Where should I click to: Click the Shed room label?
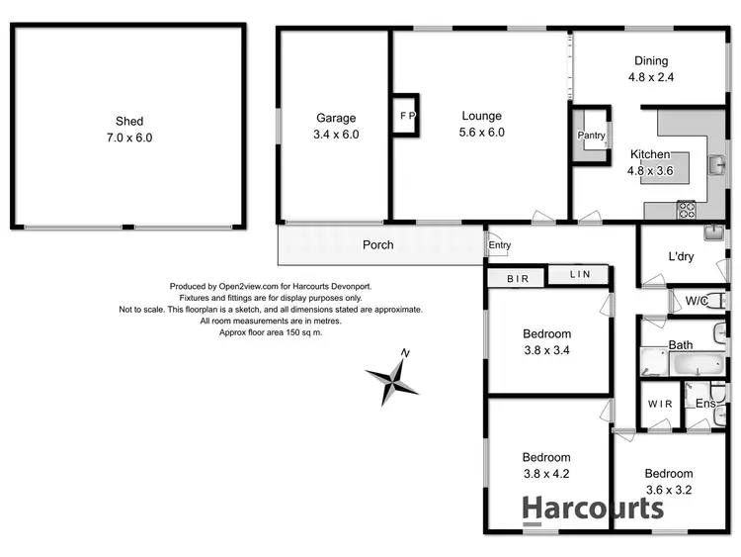click(129, 129)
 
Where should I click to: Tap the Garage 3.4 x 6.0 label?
click(336, 126)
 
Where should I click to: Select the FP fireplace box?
click(406, 115)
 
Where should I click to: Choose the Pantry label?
click(592, 136)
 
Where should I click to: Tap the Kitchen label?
click(650, 155)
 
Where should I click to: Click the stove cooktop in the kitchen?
click(686, 210)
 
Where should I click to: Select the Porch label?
click(378, 245)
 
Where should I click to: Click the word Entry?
click(499, 245)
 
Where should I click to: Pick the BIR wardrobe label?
click(519, 279)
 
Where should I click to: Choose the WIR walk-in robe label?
click(660, 404)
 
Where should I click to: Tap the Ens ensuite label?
click(705, 404)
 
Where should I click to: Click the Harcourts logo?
click(592, 509)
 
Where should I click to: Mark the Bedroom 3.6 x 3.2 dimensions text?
click(669, 488)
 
